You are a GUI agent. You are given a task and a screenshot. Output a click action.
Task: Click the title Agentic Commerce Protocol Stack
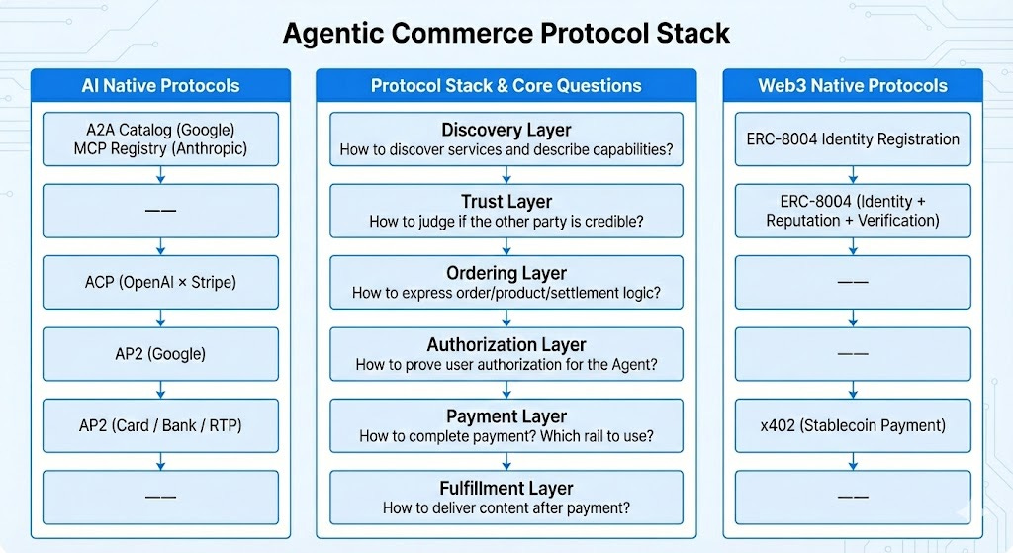click(x=506, y=33)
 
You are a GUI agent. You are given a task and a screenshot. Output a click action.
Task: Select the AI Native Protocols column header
click(x=160, y=85)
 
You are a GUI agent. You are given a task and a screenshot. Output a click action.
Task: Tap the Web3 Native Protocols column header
click(x=853, y=85)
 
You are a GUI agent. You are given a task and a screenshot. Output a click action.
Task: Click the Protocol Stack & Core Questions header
click(x=506, y=85)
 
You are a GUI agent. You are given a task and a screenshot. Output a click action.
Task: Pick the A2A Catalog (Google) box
click(x=160, y=139)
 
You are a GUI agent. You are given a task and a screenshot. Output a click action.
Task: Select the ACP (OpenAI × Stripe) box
click(x=160, y=282)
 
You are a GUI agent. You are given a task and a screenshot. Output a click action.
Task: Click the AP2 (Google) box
click(x=160, y=353)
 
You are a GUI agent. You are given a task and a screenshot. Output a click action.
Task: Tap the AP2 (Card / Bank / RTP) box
click(x=160, y=425)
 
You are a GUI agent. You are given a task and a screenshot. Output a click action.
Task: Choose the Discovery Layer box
click(x=506, y=139)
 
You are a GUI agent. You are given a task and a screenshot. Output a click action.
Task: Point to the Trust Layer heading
click(x=506, y=203)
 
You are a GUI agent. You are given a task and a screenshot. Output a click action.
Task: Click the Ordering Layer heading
click(x=506, y=274)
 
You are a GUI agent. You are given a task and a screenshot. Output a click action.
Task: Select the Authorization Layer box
click(x=506, y=354)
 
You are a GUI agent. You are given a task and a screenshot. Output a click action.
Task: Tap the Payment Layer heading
click(x=506, y=416)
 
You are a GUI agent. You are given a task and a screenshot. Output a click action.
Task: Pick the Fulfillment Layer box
click(x=506, y=497)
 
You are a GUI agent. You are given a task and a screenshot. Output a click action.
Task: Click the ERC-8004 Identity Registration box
click(x=853, y=139)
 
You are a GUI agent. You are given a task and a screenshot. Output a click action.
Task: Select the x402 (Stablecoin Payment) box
click(x=853, y=425)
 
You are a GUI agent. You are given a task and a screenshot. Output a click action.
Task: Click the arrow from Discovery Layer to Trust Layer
click(x=506, y=175)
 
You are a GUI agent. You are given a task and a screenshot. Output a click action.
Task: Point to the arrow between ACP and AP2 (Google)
click(x=160, y=318)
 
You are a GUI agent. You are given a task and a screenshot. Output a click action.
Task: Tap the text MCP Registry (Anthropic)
click(x=160, y=149)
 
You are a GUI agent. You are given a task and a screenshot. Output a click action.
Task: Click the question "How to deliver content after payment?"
click(x=506, y=507)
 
